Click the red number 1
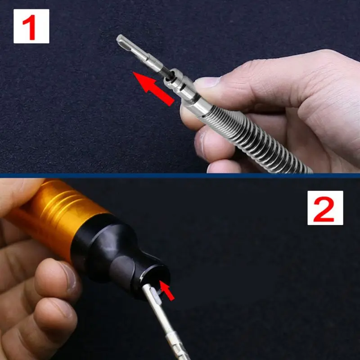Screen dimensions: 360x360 (29, 27)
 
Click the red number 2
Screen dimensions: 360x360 (324, 209)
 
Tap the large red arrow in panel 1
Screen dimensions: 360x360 (153, 89)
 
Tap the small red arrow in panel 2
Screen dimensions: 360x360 (167, 291)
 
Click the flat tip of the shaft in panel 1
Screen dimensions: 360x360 (120, 39)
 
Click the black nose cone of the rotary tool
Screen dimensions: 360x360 (119, 257)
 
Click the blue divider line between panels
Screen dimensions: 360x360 (180, 175)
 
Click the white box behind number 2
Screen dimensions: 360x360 (325, 208)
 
